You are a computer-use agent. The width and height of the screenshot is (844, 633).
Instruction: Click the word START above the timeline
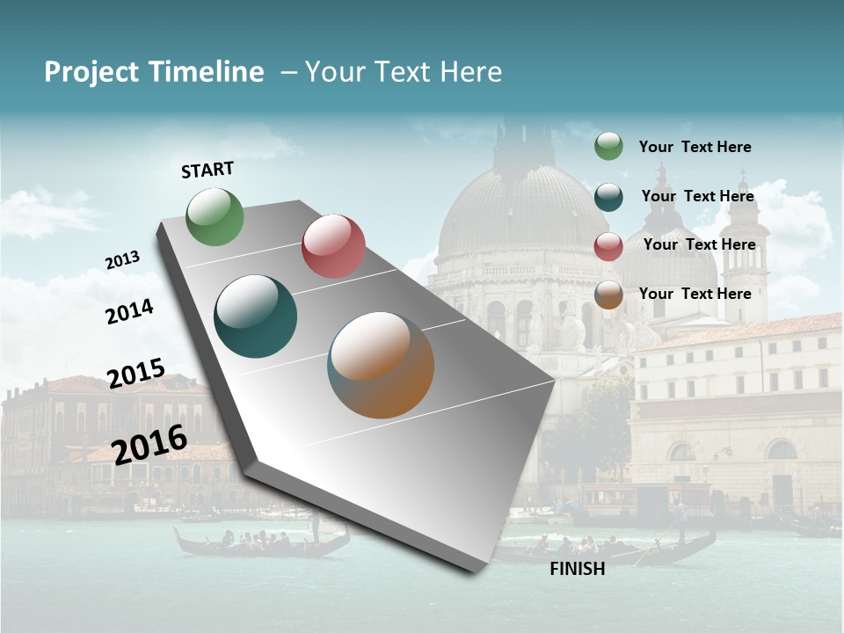tap(207, 170)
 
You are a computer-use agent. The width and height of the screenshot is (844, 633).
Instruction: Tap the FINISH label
tap(577, 569)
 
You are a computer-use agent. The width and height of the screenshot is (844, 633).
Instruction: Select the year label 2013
tap(122, 260)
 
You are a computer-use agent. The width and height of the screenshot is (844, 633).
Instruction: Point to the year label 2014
tap(129, 311)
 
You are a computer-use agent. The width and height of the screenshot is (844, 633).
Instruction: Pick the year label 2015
tap(136, 374)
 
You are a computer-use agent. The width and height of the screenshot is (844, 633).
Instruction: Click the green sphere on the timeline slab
tap(215, 216)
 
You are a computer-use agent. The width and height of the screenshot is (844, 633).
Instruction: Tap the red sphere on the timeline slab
tap(333, 246)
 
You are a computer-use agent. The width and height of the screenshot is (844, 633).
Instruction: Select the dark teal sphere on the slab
tap(256, 316)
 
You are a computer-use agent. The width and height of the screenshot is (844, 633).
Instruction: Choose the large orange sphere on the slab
tap(381, 365)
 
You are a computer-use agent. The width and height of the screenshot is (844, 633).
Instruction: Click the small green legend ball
tap(608, 146)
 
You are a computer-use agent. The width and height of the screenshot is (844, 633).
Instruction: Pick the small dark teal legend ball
tap(608, 197)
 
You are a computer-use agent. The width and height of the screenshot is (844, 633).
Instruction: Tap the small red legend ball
tap(608, 246)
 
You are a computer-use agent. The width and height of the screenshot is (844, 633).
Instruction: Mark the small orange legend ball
tap(608, 295)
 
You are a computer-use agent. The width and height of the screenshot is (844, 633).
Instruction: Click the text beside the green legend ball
tap(695, 147)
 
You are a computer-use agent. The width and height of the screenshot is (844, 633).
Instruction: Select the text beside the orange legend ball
tap(695, 294)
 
